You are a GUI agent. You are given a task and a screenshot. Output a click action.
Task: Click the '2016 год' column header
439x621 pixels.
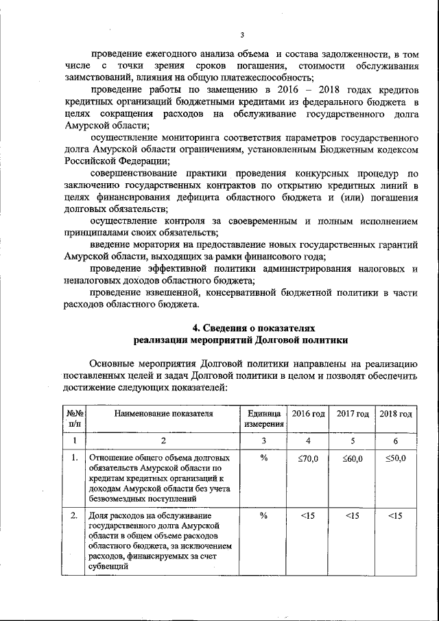click(308, 414)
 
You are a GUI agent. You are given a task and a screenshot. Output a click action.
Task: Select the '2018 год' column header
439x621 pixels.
click(396, 414)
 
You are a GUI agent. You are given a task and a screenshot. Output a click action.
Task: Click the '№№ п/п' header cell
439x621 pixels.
click(74, 419)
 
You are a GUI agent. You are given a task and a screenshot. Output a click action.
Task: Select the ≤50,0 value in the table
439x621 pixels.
click(396, 458)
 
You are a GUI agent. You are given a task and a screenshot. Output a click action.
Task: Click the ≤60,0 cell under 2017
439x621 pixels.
click(352, 458)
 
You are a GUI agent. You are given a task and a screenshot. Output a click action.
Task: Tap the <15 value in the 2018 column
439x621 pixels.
click(396, 515)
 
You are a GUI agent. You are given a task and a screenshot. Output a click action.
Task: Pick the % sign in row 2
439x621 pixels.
click(263, 515)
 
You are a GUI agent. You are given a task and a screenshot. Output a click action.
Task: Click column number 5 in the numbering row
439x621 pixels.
click(352, 441)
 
